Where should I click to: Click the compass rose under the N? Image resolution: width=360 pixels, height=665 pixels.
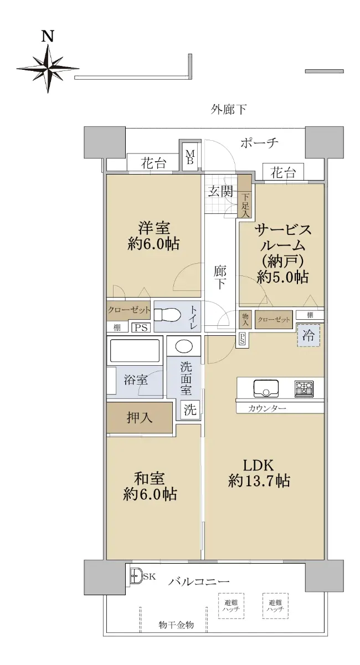48,68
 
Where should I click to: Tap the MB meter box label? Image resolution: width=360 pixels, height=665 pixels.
190,157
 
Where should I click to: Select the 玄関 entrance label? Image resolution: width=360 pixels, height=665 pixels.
220,192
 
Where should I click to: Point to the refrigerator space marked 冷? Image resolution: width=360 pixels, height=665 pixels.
308,335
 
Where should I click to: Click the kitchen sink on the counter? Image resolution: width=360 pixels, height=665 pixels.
266,388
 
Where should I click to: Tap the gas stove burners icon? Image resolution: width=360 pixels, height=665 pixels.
304,388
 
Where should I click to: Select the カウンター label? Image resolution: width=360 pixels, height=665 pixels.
267,409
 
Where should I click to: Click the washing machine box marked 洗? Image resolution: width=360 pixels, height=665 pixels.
190,410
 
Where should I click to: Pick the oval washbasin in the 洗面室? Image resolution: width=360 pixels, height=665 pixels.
184,346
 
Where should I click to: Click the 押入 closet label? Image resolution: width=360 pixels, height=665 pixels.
140,417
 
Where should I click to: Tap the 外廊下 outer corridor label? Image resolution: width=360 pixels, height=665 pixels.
229,110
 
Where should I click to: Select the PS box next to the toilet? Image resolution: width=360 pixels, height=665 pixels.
141,328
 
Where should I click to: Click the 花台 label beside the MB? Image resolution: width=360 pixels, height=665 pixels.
153,163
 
